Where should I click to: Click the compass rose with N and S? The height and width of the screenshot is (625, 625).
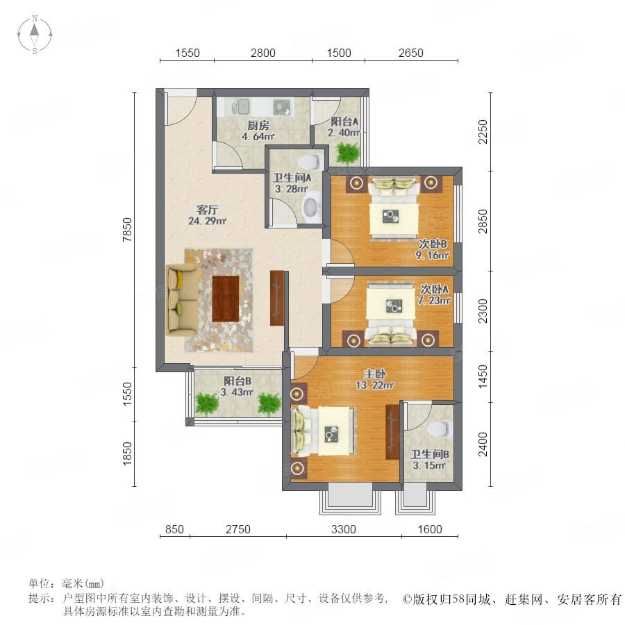pos(35,34)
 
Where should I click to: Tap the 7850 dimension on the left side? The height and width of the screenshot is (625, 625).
pos(127,230)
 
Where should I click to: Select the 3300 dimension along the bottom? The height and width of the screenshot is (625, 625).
pos(344,529)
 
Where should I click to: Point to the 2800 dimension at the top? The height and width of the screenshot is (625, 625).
pos(262,53)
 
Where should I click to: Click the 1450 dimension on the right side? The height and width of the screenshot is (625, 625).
pos(483,376)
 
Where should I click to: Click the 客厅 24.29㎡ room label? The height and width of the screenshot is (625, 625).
pos(207,215)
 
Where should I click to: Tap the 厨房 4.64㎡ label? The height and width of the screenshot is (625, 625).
pos(258,131)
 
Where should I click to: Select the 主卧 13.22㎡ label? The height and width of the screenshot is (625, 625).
pos(375,379)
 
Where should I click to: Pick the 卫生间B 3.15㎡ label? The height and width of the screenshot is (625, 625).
pos(430,460)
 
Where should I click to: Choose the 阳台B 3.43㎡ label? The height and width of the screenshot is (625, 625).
pos(237,386)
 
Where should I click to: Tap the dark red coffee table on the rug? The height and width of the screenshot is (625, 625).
pos(226,298)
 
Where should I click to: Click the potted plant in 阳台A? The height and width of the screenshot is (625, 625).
pos(348,153)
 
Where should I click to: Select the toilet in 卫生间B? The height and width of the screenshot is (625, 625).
pos(437,428)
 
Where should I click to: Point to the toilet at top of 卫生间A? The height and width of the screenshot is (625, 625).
pos(311,162)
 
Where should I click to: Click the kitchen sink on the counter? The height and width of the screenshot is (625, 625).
pos(240,107)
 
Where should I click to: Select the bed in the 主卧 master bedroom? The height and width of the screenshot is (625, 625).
pos(323,431)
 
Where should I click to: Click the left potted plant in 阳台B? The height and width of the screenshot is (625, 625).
pos(207,404)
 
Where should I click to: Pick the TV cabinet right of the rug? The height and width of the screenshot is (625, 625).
pos(276,298)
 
